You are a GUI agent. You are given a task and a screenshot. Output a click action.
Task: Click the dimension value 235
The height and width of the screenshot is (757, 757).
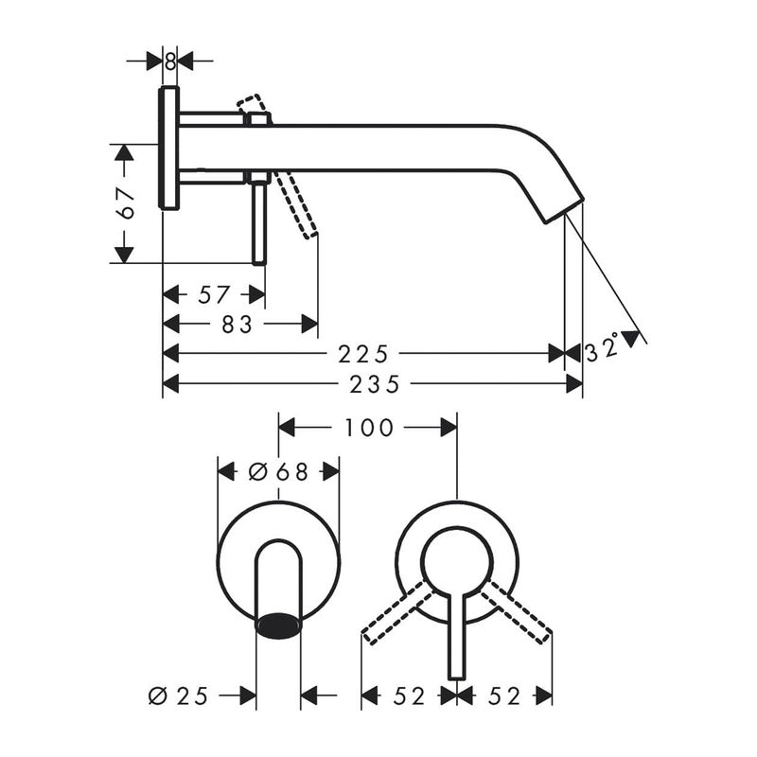pos(375,384)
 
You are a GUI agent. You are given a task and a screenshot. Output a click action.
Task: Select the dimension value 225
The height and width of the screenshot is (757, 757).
pos(363,354)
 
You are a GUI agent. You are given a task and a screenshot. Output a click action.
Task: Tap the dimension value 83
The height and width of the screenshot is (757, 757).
pos(238,324)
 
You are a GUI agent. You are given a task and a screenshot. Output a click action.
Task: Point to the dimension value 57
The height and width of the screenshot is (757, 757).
pos(214,294)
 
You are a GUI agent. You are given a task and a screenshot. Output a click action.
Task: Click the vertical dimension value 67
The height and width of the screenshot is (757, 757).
pos(127,203)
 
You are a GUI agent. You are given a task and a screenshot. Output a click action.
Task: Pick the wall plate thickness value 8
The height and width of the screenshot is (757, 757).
pos(170,62)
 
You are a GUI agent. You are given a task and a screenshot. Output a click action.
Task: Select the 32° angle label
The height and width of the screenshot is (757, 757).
pos(603,346)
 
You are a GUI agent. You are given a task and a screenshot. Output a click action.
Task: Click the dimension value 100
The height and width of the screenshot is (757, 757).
pos(369,428)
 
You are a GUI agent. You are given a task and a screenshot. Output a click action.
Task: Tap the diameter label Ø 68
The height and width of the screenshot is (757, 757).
pos(278,471)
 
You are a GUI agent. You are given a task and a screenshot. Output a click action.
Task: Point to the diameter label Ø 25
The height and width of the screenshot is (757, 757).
pos(178,695)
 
